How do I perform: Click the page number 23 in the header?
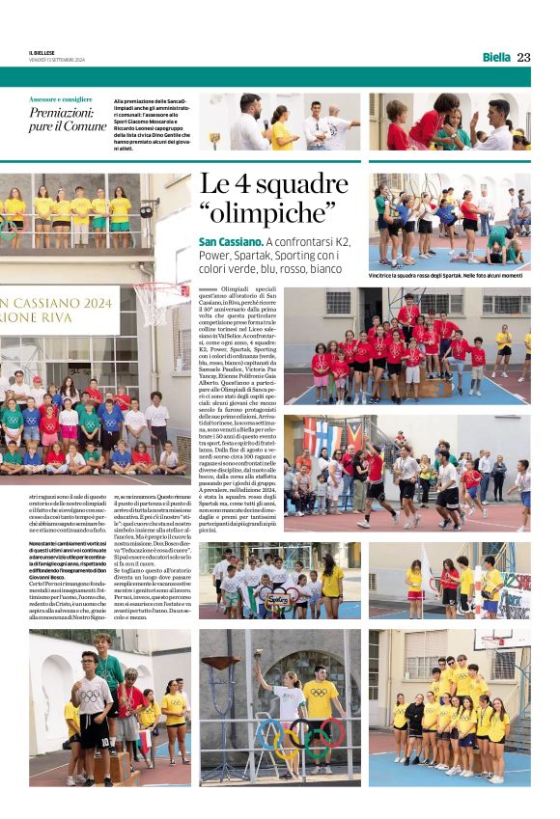523,57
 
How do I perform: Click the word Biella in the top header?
496,57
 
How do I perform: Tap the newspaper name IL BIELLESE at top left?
42,53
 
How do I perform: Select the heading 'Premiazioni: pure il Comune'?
67,120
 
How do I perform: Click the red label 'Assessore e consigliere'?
61,100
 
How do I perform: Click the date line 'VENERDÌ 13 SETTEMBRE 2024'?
57,60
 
